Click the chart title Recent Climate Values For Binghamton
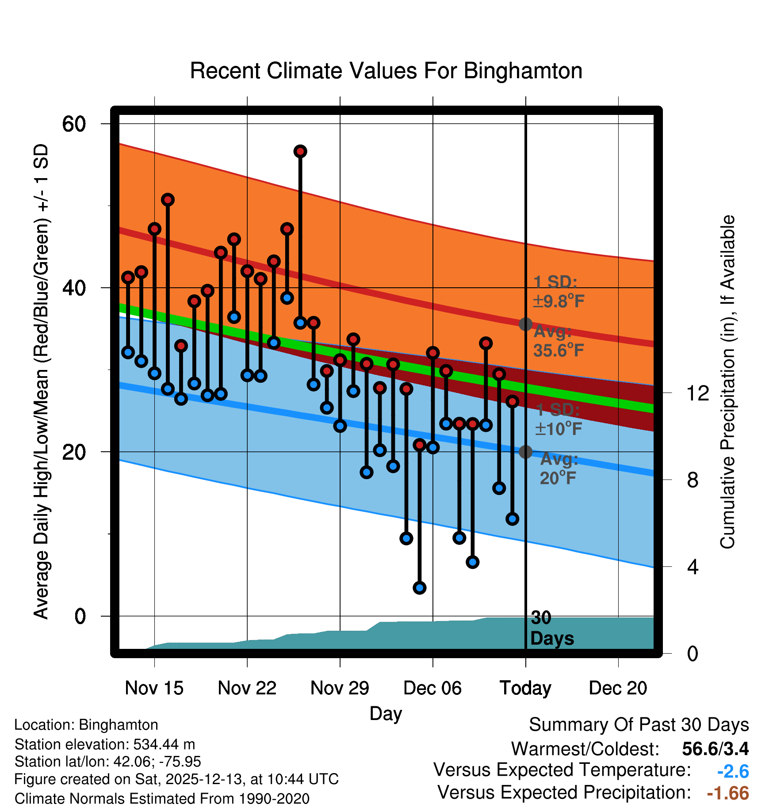[x=386, y=71]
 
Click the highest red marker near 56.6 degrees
[x=300, y=152]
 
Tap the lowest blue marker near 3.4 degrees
[x=419, y=587]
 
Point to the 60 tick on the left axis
[x=74, y=124]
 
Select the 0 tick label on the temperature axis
[x=80, y=616]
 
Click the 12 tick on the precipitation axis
[x=698, y=393]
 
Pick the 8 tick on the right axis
[x=693, y=480]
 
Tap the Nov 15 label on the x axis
[x=154, y=688]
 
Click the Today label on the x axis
[x=525, y=688]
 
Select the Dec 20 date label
[x=618, y=688]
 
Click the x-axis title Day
[x=386, y=713]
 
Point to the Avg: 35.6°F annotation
[x=558, y=341]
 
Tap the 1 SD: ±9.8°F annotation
[x=558, y=292]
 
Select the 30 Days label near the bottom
[x=551, y=628]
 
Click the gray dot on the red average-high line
[x=525, y=324]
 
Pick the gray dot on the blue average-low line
[x=525, y=452]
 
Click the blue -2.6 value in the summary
[x=733, y=772]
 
